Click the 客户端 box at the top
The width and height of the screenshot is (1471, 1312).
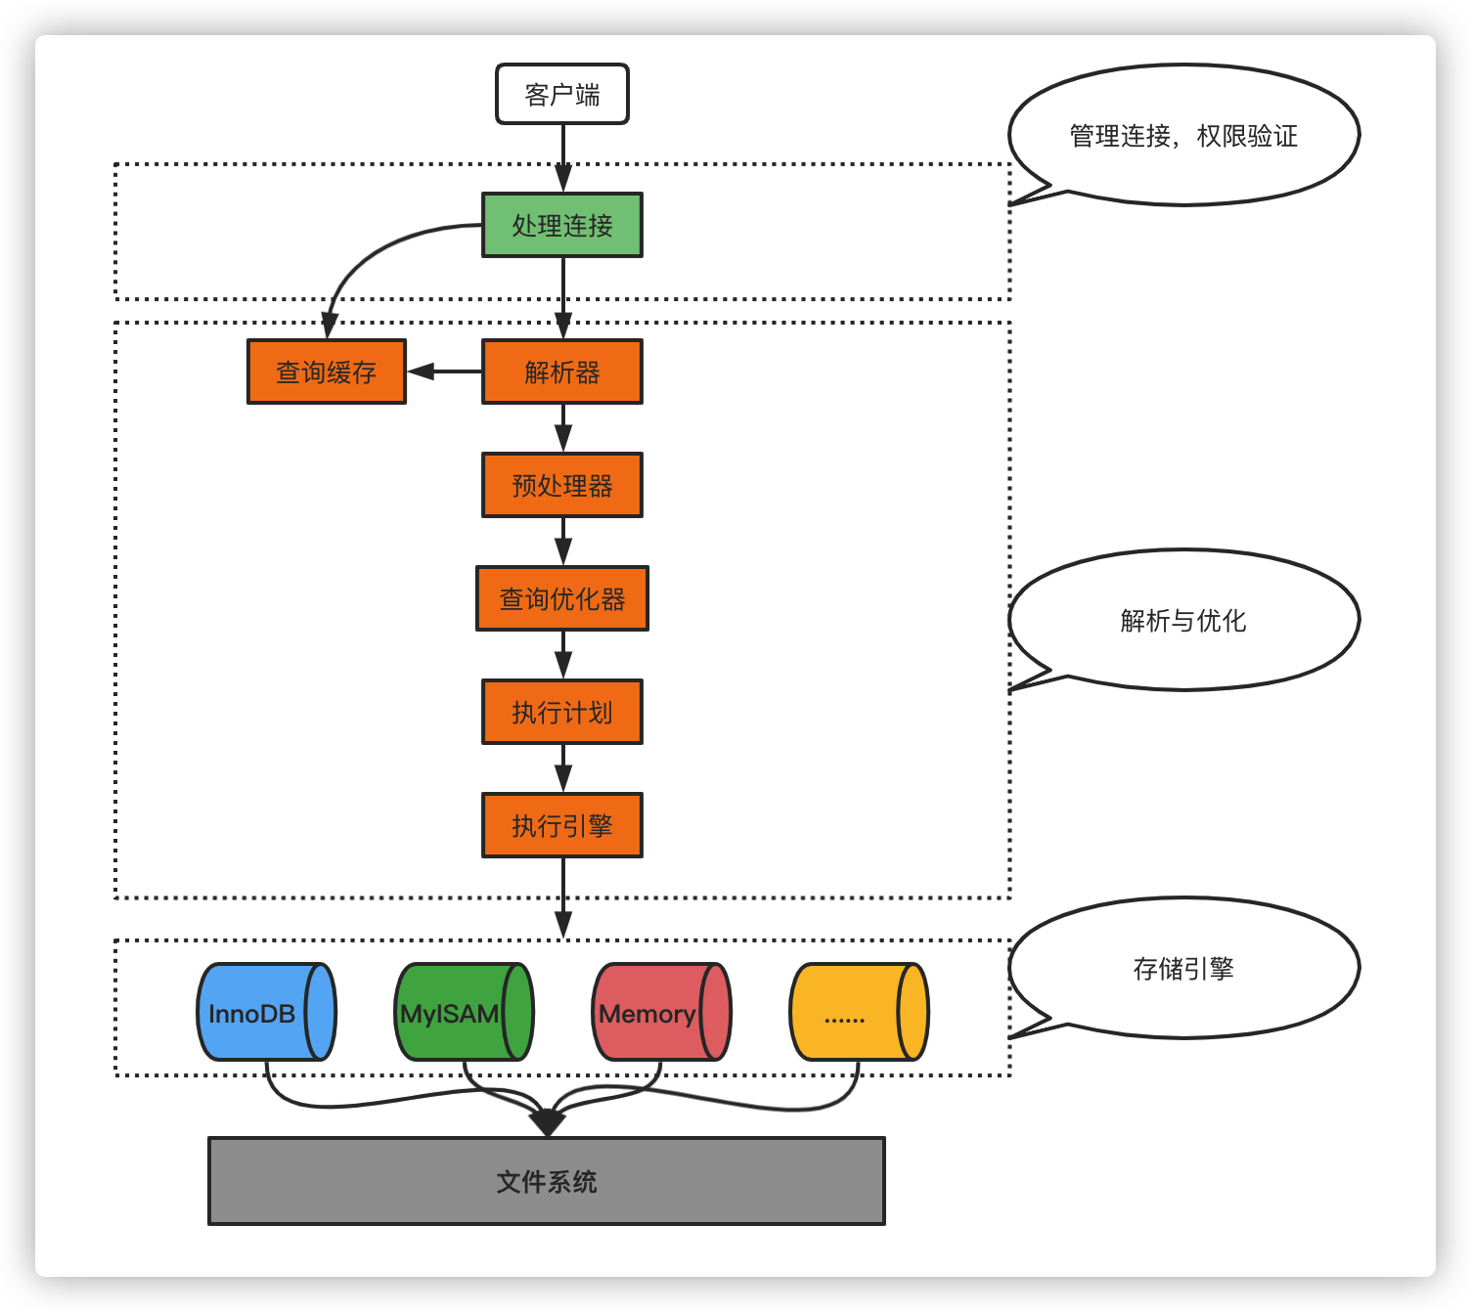coord(561,95)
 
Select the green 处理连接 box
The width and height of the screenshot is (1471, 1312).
coord(561,225)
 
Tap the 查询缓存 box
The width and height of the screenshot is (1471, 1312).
coord(326,372)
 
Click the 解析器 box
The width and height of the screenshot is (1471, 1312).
coord(561,372)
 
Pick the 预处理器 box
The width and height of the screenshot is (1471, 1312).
coord(561,485)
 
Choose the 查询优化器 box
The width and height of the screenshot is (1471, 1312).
coord(561,598)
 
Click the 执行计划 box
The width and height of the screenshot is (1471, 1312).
coord(561,712)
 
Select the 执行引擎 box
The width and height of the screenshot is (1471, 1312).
coord(561,825)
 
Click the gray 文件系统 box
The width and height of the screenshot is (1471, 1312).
coord(546,1181)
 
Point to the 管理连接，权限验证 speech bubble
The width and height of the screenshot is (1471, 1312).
coord(1183,135)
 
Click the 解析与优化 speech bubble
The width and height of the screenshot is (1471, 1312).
coord(1183,620)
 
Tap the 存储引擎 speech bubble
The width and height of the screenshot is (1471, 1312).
coord(1183,968)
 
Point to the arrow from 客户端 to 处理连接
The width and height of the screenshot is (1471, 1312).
coord(562,157)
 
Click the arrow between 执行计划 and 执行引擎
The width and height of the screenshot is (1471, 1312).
coord(562,767)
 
